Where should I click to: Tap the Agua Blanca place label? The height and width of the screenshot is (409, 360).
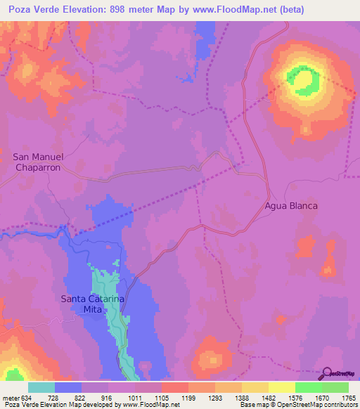[x=291, y=206]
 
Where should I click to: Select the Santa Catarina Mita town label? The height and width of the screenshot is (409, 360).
[x=92, y=304]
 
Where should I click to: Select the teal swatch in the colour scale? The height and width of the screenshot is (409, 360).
[x=41, y=387]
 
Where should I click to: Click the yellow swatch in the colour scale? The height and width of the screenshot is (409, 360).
[x=281, y=387]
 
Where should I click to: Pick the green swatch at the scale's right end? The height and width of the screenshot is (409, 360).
[x=335, y=387]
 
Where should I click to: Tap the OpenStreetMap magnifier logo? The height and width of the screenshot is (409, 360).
[x=326, y=374]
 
